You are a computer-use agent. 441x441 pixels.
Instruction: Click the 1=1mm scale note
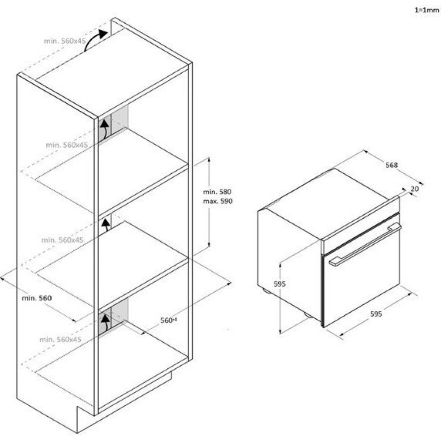click(427, 9)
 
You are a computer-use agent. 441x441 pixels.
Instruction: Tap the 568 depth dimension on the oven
click(391, 165)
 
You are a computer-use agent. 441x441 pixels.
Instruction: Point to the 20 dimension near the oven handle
click(414, 189)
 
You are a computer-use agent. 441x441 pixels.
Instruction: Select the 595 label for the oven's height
click(280, 284)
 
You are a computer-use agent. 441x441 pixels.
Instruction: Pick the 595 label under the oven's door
click(376, 314)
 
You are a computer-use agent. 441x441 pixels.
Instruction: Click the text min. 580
click(217, 192)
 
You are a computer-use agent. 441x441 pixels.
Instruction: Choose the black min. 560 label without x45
click(37, 298)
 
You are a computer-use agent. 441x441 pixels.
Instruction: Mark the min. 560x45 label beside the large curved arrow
click(65, 41)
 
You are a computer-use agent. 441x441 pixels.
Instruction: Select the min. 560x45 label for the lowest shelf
click(60, 340)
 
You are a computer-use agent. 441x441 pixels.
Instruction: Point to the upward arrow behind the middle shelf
click(105, 225)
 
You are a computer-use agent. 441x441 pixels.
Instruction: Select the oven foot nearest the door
click(308, 315)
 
